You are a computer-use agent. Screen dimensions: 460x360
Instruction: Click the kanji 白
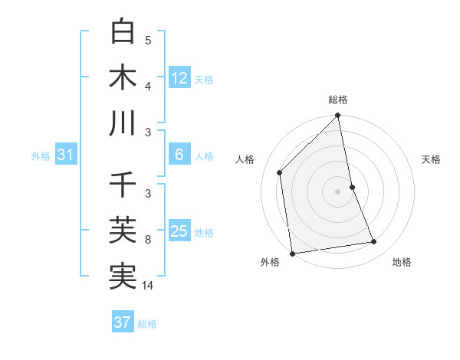(x=123, y=32)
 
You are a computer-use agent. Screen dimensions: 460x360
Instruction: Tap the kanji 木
(x=123, y=77)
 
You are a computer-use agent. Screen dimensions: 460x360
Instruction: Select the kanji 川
(x=123, y=123)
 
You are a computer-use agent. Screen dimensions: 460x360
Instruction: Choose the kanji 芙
(x=123, y=231)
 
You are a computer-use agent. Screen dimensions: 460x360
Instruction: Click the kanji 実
(x=123, y=275)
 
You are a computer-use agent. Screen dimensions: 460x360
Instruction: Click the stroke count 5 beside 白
(x=148, y=41)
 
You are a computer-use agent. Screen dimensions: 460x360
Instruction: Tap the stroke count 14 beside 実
(x=149, y=286)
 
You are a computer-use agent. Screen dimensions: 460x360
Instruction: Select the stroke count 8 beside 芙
(x=148, y=240)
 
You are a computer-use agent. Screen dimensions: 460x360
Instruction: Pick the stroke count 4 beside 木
(x=148, y=85)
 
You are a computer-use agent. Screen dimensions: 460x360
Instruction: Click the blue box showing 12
(x=179, y=77)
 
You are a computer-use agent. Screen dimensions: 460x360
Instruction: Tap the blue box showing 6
(x=179, y=155)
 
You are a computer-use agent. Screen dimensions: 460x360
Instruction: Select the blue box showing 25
(x=179, y=231)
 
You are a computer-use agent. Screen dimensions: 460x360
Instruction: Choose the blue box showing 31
(x=65, y=155)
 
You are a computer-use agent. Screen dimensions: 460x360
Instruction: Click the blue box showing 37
(x=123, y=322)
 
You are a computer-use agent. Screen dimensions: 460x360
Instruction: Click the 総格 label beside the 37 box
(x=147, y=323)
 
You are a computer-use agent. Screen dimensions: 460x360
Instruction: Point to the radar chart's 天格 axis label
(x=432, y=159)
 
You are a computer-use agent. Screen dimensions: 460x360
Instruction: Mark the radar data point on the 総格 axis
(x=337, y=116)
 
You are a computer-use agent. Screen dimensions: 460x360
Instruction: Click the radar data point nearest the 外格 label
(x=292, y=253)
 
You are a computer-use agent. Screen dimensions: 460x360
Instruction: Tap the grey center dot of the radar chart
(x=337, y=191)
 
